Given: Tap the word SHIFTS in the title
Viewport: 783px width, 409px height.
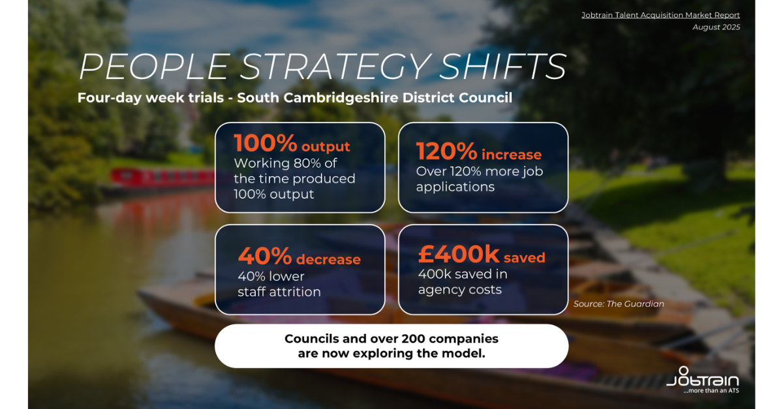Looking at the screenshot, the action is (502, 67).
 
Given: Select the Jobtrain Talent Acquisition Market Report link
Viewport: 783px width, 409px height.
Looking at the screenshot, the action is (660, 15).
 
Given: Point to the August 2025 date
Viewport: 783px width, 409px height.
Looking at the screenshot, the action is (716, 27).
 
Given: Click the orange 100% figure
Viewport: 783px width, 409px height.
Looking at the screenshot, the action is (266, 143).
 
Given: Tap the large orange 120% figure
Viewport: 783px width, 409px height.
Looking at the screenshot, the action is (447, 151).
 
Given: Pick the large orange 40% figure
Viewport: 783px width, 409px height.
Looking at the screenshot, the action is (265, 256).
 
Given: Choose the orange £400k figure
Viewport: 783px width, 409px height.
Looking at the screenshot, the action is (459, 254).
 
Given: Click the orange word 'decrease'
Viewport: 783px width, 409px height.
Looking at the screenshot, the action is (329, 260).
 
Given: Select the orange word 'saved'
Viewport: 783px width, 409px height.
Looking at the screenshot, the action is (525, 258).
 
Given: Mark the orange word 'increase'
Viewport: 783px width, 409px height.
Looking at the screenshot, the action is (512, 155).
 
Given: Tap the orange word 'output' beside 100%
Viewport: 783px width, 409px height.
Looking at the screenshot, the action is (326, 147).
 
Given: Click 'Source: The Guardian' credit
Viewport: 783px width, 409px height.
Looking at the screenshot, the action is (619, 304).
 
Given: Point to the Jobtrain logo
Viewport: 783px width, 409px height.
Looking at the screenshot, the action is (703, 377).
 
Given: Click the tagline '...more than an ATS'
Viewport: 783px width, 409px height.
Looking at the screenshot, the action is (711, 391).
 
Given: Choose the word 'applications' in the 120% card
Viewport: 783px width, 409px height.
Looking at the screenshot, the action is (455, 187).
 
